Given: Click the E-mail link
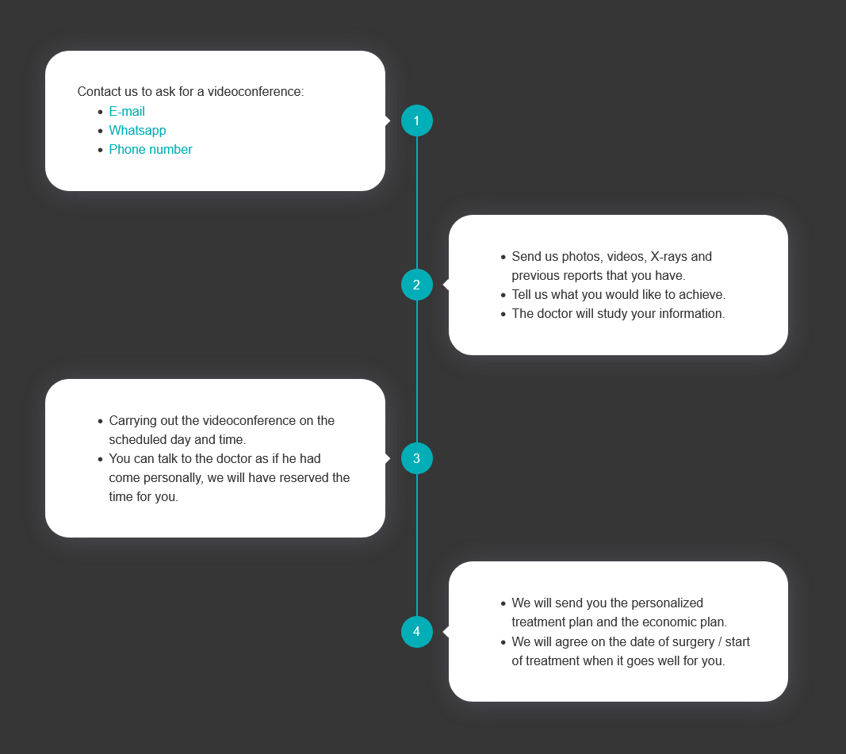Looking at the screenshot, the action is point(127,111).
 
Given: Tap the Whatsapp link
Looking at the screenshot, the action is point(138,131).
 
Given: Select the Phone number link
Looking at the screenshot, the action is point(151,149).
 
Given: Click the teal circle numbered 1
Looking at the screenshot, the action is point(417,121).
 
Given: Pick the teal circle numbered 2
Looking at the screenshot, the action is point(417,285).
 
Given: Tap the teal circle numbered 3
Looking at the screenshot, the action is point(417,458).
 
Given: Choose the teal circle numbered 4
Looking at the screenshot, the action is point(417,632).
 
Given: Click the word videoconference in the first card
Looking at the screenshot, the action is point(256,92).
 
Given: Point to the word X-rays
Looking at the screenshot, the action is point(668,257).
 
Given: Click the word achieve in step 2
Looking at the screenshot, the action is point(702,294).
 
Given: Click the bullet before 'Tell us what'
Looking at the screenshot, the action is point(503,295).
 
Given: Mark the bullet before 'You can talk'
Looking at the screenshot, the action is point(101,459).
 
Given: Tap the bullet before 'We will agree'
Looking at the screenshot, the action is point(503,642).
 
